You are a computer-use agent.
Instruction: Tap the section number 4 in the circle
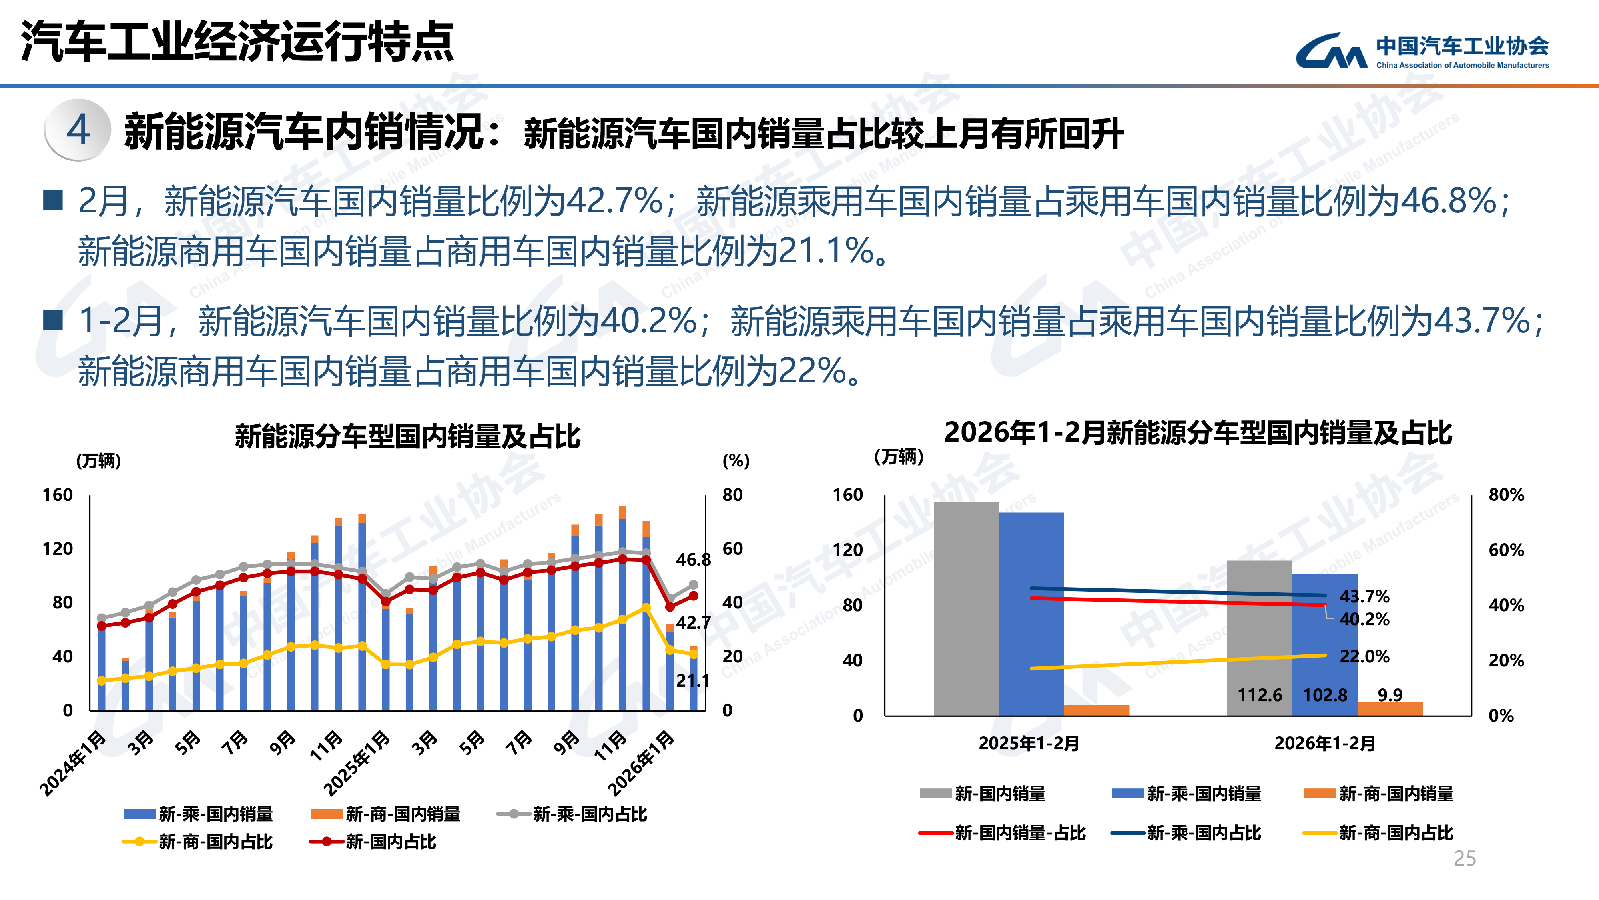pyautogui.click(x=78, y=130)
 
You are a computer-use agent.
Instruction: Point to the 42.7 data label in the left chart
pyautogui.click(x=693, y=623)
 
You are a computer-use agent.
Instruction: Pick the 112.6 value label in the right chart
pyautogui.click(x=1260, y=695)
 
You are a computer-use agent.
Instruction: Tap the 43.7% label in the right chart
pyautogui.click(x=1364, y=597)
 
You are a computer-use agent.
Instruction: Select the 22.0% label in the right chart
pyautogui.click(x=1364, y=656)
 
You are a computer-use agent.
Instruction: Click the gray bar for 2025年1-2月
pyautogui.click(x=966, y=609)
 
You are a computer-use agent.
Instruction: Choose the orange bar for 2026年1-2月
pyautogui.click(x=1390, y=709)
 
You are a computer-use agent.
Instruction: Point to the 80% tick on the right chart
pyautogui.click(x=1506, y=495)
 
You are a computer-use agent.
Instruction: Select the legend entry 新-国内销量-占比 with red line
pyautogui.click(x=1003, y=833)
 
